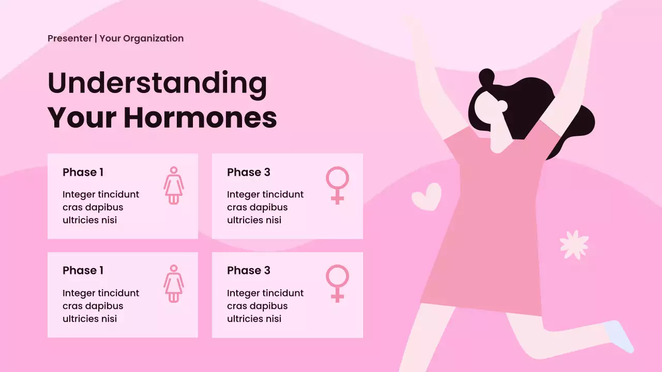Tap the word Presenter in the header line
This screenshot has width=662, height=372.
[70, 38]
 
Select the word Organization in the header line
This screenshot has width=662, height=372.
[153, 38]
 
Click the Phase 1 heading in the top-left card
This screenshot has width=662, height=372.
[83, 172]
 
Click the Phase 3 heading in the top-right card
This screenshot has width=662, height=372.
[248, 172]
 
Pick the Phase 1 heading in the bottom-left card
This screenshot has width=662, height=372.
[83, 270]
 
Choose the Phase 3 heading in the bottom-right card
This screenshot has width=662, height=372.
[248, 270]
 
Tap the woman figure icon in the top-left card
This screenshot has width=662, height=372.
[174, 185]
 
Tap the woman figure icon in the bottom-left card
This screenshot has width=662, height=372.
[174, 283]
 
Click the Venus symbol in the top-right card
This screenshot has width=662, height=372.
[337, 185]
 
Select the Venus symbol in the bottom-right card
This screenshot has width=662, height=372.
[337, 283]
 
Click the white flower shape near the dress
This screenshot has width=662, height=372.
[574, 244]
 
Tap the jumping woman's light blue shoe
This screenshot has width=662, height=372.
[621, 336]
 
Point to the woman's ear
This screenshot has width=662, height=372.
[501, 106]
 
